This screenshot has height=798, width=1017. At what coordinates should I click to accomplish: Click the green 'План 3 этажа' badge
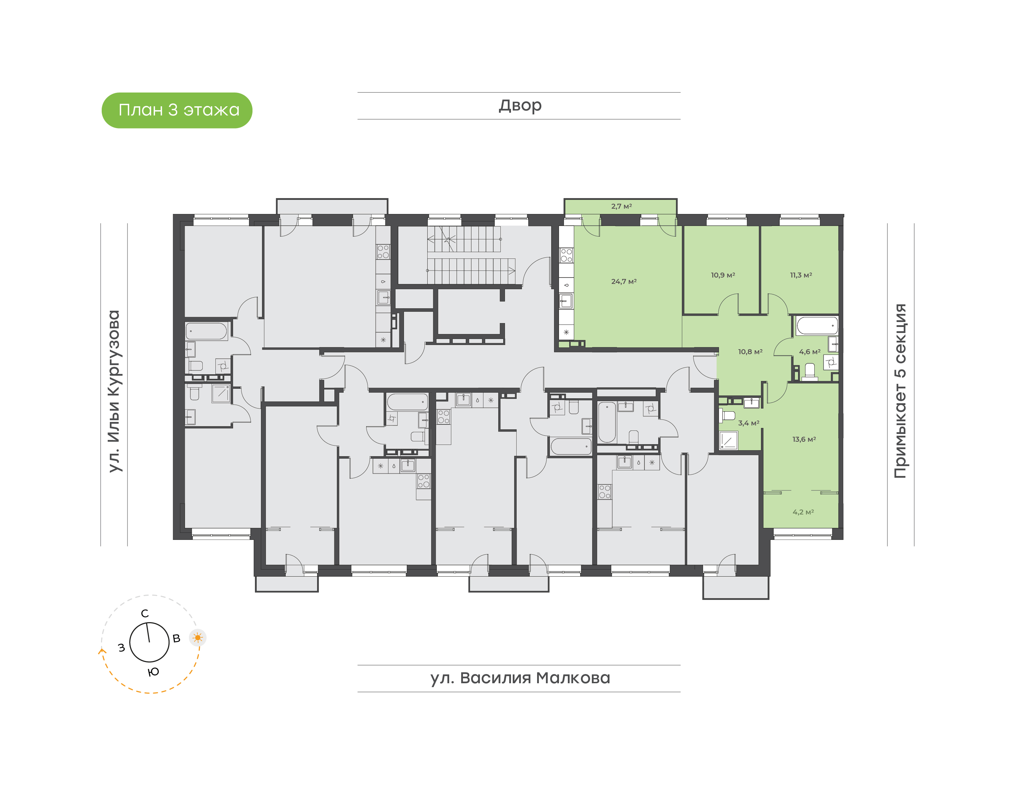click(177, 110)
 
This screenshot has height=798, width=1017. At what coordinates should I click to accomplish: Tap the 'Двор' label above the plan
click(520, 106)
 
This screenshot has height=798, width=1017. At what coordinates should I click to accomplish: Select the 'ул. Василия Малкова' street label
click(520, 678)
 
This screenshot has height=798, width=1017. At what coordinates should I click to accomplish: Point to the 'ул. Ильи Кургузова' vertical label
click(114, 391)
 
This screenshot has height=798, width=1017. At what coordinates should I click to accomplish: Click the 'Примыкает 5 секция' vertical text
click(900, 391)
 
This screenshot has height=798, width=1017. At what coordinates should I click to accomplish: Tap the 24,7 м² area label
click(624, 281)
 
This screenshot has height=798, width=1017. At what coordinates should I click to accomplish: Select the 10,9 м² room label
click(723, 275)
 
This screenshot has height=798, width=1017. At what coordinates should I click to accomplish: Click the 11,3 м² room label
click(801, 275)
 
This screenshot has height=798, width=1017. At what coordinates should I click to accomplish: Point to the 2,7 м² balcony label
click(621, 206)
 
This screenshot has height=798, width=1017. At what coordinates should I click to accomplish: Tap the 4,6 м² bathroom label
click(810, 352)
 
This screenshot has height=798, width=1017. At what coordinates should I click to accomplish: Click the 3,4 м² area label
click(748, 423)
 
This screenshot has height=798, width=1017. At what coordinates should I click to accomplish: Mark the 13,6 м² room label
click(804, 439)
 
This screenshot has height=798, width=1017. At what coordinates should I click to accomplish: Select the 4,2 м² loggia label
click(803, 512)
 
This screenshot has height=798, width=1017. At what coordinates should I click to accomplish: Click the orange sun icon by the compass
click(198, 638)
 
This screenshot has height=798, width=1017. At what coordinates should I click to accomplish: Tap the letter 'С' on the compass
click(145, 613)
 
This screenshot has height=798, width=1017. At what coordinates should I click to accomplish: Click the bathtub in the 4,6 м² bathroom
click(816, 326)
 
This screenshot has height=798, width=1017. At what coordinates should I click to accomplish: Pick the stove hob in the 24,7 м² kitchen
click(566, 255)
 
